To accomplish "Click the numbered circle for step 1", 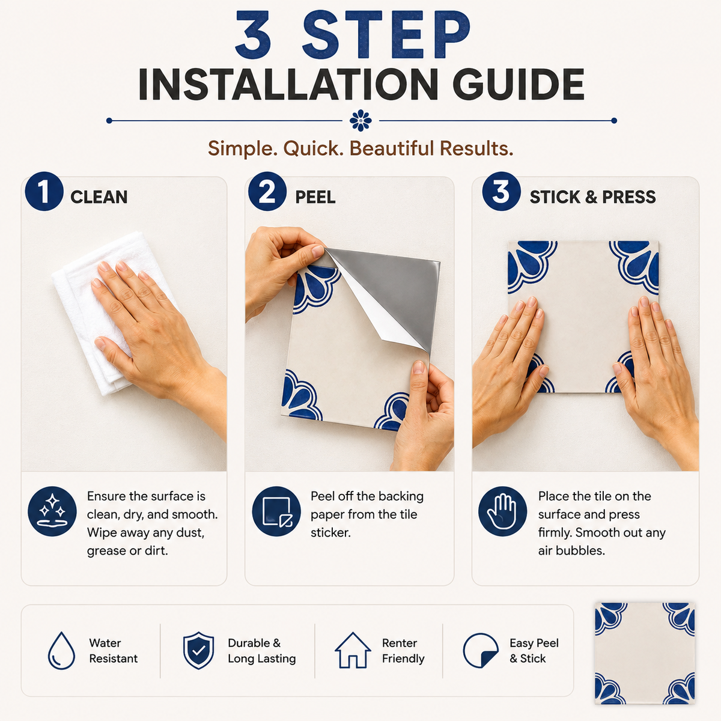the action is (44, 191).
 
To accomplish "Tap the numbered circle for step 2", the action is (267, 191).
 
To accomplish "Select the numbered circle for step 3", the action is (501, 191).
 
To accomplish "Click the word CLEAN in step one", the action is (99, 197).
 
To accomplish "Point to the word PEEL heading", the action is (315, 197).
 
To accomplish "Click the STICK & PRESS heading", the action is (592, 197).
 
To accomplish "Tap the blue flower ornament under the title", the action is (360, 121).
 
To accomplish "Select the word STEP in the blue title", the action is (386, 34).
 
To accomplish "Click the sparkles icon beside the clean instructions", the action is (52, 511).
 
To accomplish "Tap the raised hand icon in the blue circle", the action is (502, 511).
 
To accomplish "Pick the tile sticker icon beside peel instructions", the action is (276, 511).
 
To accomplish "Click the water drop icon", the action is (61, 651).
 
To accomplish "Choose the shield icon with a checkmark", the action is (198, 651).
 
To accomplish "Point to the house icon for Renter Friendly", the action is (353, 650).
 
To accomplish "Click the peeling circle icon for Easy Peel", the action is (481, 651).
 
